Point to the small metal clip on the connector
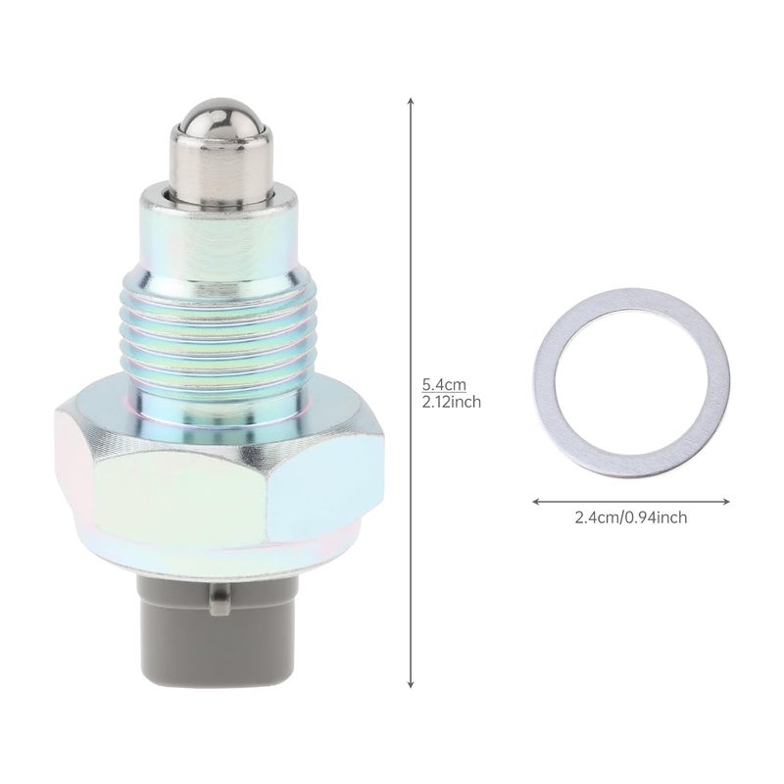(220, 599)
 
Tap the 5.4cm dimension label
(444, 385)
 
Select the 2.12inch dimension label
(451, 402)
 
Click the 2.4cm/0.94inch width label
(630, 517)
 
